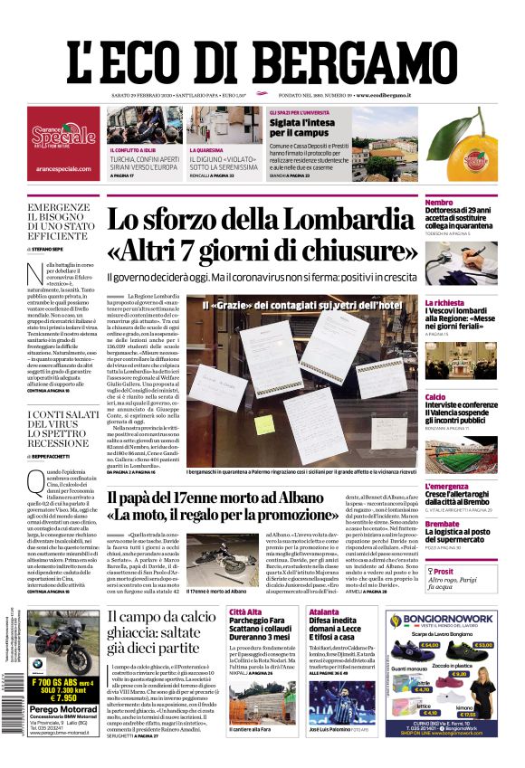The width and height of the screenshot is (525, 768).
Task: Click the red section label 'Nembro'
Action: (x=414, y=202)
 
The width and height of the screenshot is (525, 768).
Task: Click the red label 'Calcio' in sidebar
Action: (x=410, y=397)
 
